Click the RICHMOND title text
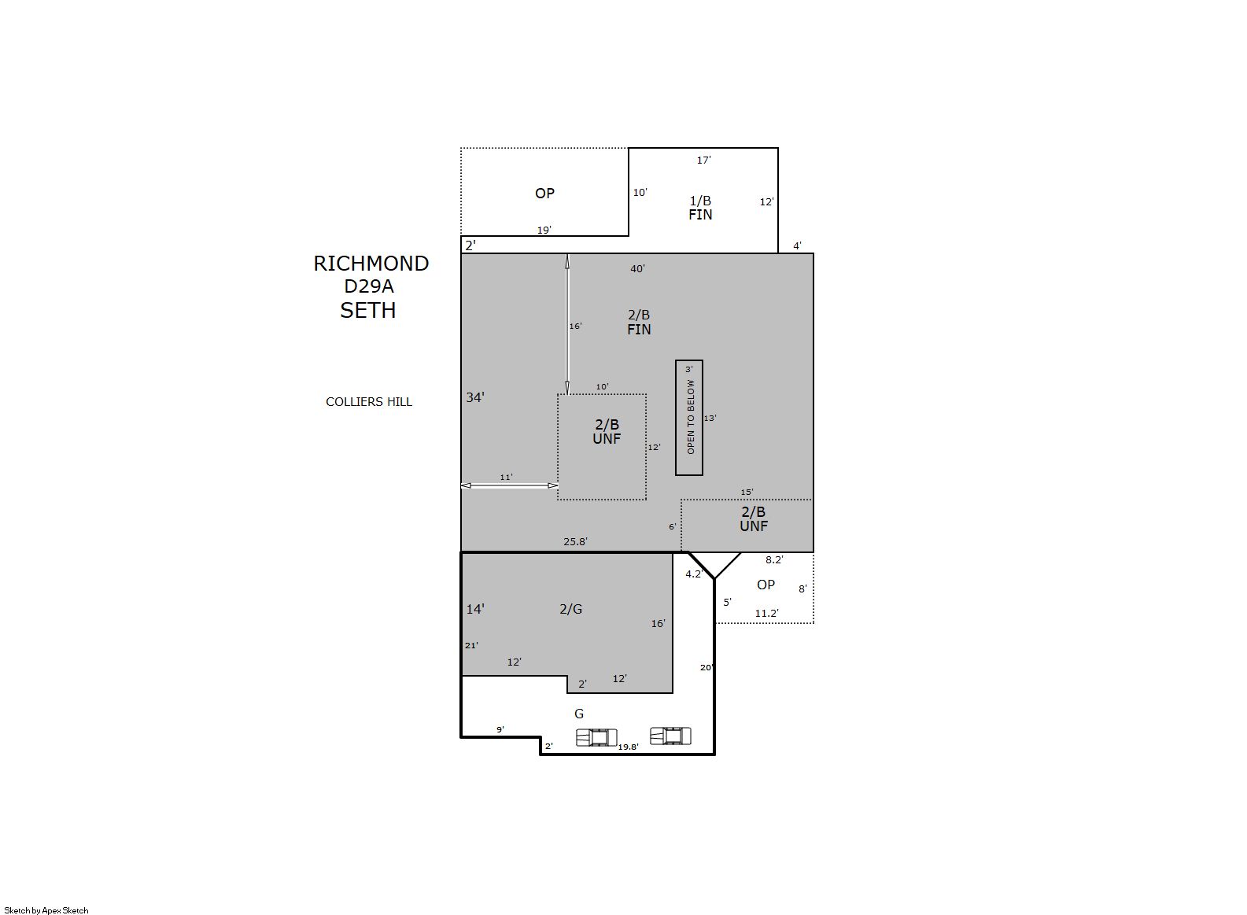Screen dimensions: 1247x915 point(371,264)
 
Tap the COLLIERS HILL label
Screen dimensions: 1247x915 point(368,402)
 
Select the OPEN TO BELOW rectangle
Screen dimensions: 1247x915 point(689,418)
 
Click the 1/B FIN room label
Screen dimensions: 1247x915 point(700,208)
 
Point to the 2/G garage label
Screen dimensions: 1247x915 point(570,610)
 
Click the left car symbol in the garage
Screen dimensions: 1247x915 point(596,737)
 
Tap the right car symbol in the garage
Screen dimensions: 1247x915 point(671,736)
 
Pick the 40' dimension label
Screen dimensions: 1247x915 point(637,269)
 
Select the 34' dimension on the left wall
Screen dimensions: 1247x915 point(475,397)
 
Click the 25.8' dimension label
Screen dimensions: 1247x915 point(575,541)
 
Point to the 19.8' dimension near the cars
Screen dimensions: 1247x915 point(628,747)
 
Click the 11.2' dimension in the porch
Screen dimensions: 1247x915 point(766,614)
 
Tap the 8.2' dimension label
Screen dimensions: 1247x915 point(774,560)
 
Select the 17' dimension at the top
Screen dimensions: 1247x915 point(703,160)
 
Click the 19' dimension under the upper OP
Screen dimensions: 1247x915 point(544,230)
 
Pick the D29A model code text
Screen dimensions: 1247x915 point(368,286)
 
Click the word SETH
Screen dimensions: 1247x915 point(368,310)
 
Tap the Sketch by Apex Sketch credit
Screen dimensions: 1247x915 point(46,910)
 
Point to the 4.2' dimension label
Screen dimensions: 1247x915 point(694,574)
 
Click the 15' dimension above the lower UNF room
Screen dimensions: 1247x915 point(747,492)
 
